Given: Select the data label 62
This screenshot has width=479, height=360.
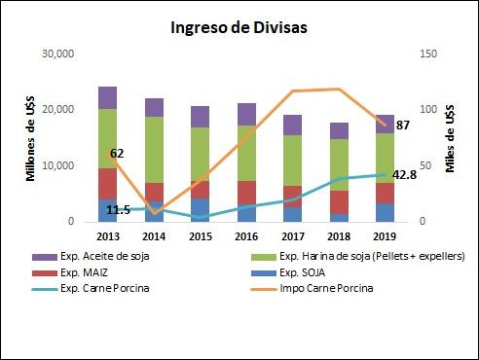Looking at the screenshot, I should pos(116,154).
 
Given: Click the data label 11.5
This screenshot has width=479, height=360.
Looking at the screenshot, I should pos(118,209).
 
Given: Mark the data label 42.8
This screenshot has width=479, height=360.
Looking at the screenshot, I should pos(405,175).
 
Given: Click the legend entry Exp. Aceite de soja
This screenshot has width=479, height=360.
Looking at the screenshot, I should pos(117,255).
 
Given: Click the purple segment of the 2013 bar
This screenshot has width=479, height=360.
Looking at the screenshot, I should pos(107,97).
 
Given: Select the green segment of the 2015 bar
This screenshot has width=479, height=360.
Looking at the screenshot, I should pos(200,154).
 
